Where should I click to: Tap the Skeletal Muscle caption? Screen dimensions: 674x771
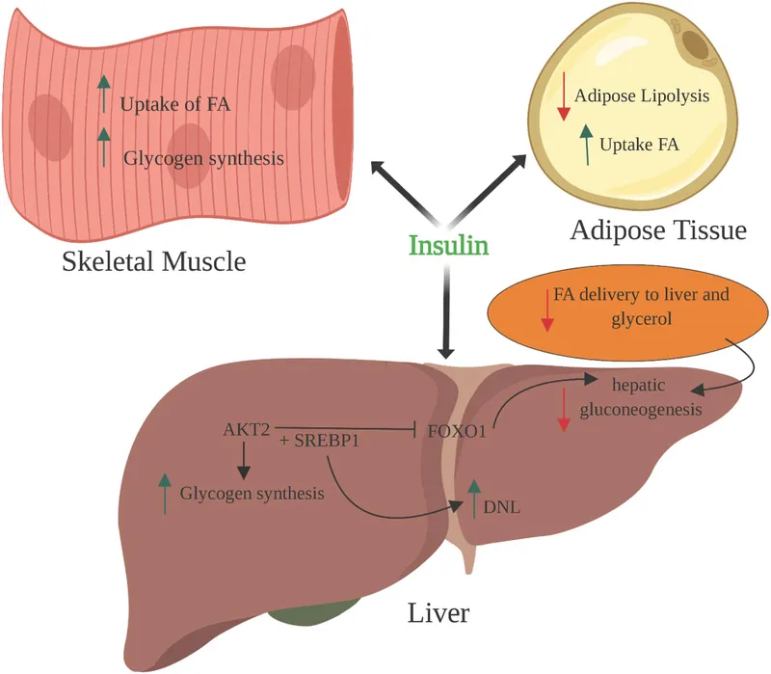coord(152,261)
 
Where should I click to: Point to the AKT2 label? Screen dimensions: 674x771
coord(246,429)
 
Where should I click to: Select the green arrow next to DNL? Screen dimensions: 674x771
coord(473,498)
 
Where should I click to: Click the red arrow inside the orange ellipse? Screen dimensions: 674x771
coord(546,310)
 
